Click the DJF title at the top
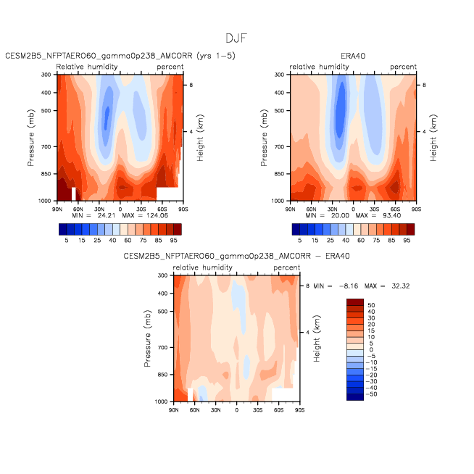pos(236,38)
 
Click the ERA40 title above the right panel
pos(353,57)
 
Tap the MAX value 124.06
pos(157,215)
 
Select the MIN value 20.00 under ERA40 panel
pos(340,215)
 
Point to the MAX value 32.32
pos(401,286)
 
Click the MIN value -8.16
pos(349,286)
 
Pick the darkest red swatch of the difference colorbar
pos(355,302)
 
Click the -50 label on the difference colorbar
pos(372,394)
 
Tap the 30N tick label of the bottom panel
pos(215,410)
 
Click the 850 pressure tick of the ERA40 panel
pos(279,174)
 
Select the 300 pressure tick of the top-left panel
pos(46,75)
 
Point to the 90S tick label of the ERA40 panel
pos(416,209)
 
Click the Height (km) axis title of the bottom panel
pos(317,338)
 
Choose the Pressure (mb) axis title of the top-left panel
pos(30,138)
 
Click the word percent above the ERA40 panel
pos(403,67)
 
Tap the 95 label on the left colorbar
pos(173,241)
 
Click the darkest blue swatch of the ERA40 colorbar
pos(296,229)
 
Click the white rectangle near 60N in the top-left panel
pos(73,194)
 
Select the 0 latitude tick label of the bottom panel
pos(236,410)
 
